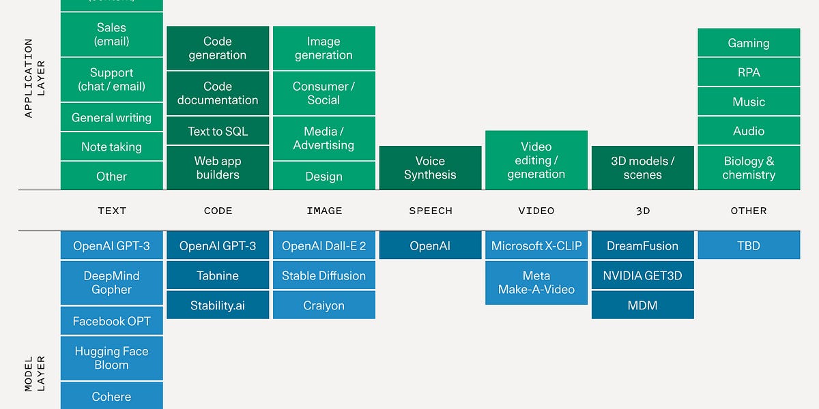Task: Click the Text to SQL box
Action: tap(218, 132)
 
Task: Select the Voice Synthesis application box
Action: tap(430, 168)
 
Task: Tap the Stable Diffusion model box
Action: tap(324, 275)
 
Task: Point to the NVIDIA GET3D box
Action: tap(642, 275)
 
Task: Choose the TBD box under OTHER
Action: tap(749, 245)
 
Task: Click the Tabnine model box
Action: tap(218, 275)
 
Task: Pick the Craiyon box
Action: tap(324, 305)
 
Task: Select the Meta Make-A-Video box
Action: tap(536, 282)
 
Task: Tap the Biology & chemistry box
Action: tap(749, 168)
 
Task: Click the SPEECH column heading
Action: tap(430, 211)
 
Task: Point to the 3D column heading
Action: tap(642, 211)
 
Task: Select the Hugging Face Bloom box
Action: tap(112, 358)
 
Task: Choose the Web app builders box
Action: tap(218, 168)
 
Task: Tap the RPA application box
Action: tap(749, 72)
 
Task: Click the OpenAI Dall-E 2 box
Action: tap(324, 245)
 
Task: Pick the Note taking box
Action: tap(112, 147)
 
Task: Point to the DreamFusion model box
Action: tap(642, 245)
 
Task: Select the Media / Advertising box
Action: tap(324, 138)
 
